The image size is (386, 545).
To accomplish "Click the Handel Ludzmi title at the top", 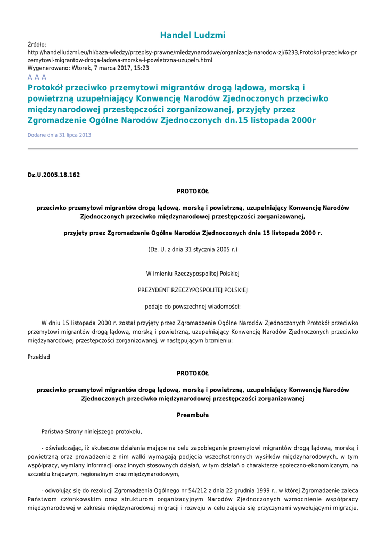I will click(x=193, y=36).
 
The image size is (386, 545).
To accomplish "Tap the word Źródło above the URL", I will click(x=37, y=45).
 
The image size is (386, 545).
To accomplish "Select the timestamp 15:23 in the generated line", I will click(x=141, y=68).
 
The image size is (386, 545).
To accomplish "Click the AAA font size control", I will click(x=37, y=78).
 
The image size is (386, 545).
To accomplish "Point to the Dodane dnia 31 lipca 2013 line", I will click(x=59, y=135).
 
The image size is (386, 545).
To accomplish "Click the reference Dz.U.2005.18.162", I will click(x=53, y=175).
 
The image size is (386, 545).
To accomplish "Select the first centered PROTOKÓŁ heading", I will click(x=193, y=191).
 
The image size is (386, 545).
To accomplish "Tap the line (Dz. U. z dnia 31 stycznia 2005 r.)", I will click(x=193, y=249).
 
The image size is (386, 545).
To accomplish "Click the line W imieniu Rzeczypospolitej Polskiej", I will click(x=193, y=274).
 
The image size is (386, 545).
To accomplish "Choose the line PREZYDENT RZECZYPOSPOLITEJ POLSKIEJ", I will click(x=193, y=290).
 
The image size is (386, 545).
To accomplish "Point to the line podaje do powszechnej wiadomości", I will click(x=193, y=307).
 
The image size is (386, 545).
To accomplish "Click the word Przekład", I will click(x=38, y=357).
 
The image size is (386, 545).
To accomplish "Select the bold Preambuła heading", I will click(x=193, y=415).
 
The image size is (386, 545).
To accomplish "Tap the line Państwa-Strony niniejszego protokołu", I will click(x=92, y=432).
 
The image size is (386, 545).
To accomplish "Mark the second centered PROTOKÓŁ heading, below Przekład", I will click(x=193, y=374).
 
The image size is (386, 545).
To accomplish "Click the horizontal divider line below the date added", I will click(x=193, y=149).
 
